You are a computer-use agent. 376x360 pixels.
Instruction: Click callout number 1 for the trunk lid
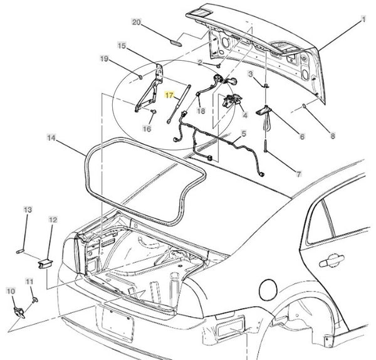point(362,20)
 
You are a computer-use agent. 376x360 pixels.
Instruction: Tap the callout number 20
point(137,22)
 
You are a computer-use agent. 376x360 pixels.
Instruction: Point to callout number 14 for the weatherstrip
point(51,137)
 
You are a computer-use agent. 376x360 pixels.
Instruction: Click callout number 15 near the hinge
point(122,45)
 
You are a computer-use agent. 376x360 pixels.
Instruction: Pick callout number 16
point(147,129)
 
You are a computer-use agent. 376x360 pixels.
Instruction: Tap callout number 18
point(201,110)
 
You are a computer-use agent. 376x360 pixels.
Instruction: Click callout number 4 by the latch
point(245,115)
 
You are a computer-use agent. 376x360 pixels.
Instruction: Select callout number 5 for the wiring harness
point(244,133)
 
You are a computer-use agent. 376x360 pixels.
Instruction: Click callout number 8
point(333,135)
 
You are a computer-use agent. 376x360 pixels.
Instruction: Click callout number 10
point(11,291)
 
